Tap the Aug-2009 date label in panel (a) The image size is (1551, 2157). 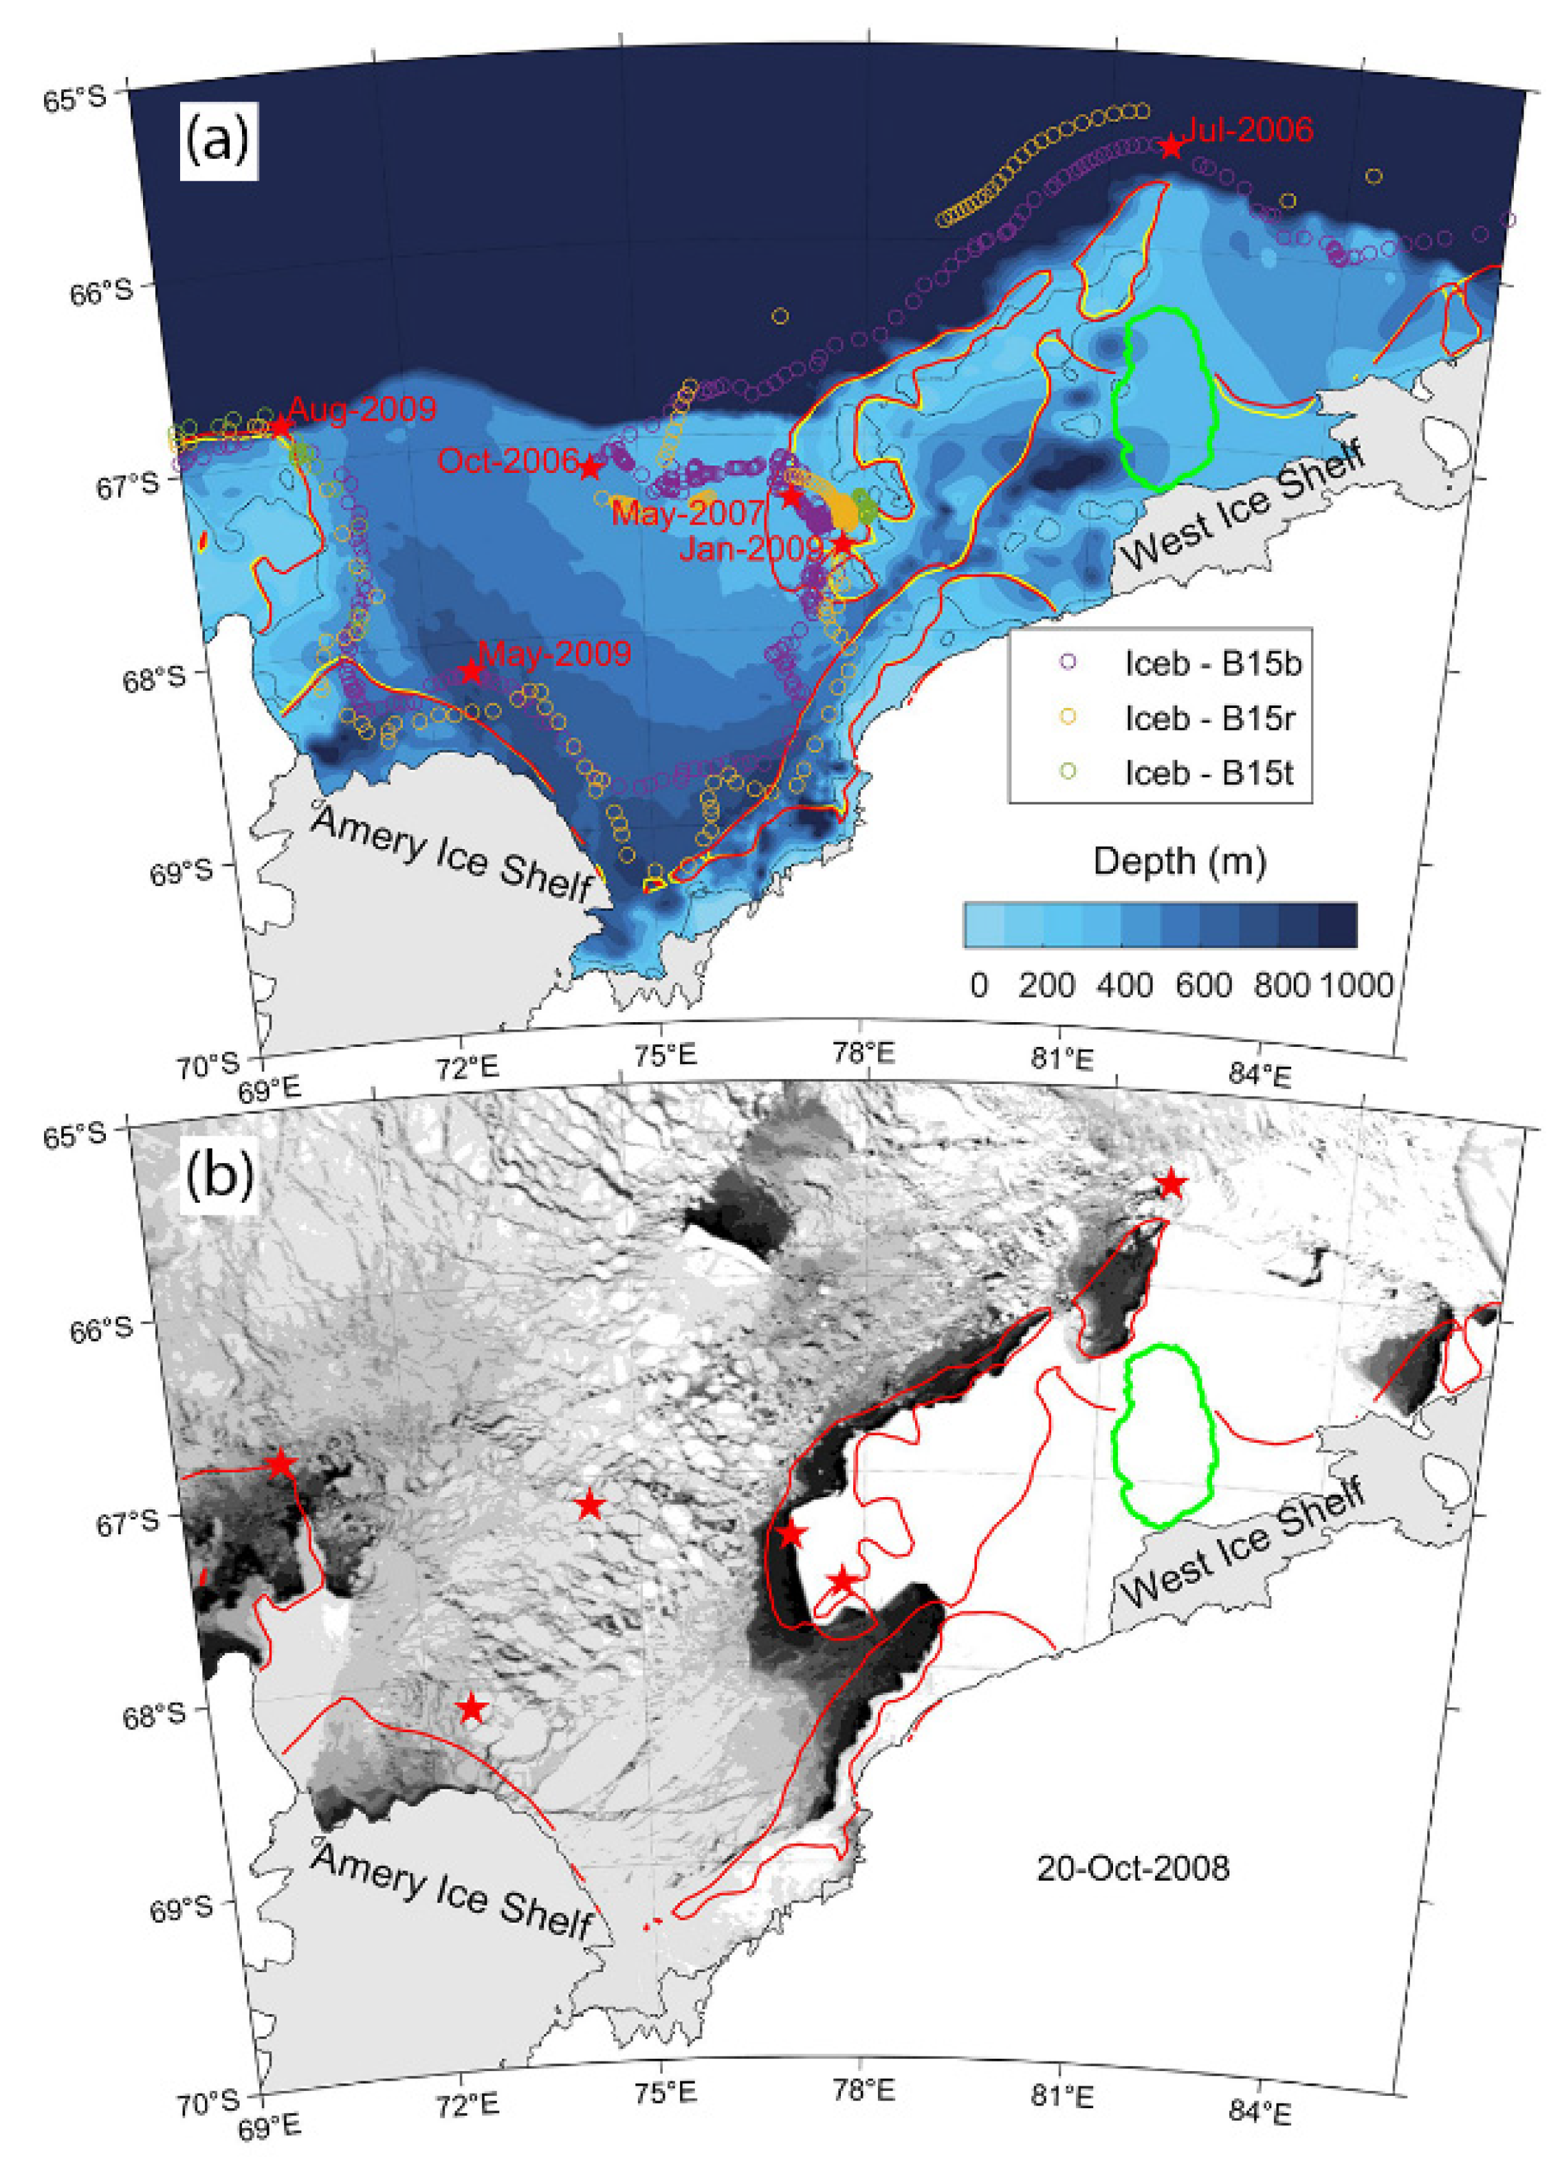tap(362, 410)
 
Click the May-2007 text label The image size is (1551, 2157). tap(687, 513)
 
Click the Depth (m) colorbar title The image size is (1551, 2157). tap(1179, 861)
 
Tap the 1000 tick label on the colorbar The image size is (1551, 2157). tap(1356, 984)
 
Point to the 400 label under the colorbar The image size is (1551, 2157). tap(1124, 984)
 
